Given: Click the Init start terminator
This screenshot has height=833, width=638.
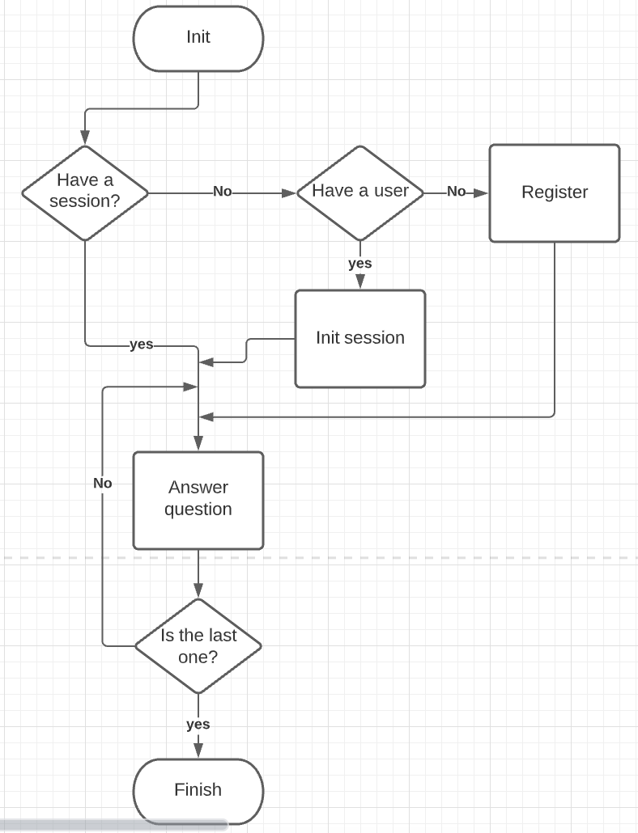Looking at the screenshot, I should pos(198,38).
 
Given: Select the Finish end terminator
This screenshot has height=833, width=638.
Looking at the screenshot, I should pos(198,790).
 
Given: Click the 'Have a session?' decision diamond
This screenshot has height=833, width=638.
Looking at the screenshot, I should pos(85,192).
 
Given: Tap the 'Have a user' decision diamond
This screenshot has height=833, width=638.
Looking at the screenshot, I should pos(360,192).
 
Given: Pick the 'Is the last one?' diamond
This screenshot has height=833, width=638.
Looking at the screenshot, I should pos(198,645).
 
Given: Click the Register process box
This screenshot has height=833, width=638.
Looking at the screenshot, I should pos(555,192).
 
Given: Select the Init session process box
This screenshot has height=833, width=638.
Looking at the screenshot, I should pos(360,338).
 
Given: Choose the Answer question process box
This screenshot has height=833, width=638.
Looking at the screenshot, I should pos(198,500).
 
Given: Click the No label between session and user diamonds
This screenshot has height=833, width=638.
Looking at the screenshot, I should pos(222,192).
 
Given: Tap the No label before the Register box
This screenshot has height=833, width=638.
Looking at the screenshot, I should pos(457,192).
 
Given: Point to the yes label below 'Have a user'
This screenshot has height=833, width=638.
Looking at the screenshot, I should pos(360,264).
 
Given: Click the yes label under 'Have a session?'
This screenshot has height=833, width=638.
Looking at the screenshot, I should pos(141,345).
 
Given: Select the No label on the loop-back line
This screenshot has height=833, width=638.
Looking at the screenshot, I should pos(103,484).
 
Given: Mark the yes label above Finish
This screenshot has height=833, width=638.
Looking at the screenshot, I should pos(198,725).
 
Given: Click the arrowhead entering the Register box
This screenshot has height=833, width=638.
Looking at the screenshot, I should pos(482,193).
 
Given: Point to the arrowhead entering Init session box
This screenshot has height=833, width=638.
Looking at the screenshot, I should pos(360,281).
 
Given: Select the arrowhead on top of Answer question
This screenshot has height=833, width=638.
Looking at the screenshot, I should pos(198,443).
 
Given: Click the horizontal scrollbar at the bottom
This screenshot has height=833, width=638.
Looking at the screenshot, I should pos(113,825).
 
